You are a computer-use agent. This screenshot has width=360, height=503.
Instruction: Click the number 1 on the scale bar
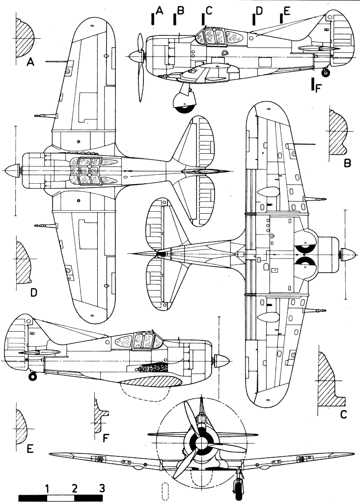click(47, 489)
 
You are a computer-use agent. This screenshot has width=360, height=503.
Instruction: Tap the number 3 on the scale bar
click(102, 489)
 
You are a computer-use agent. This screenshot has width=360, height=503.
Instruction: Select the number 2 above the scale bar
click(75, 489)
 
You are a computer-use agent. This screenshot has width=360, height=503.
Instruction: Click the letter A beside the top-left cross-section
click(30, 62)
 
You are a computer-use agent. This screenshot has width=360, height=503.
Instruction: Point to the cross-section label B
click(347, 163)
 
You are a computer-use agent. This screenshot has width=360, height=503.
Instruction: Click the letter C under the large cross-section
click(343, 414)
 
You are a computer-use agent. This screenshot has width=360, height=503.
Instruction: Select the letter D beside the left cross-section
click(34, 293)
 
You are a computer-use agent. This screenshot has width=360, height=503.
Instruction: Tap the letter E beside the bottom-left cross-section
click(30, 448)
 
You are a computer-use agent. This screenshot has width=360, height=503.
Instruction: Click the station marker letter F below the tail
click(319, 88)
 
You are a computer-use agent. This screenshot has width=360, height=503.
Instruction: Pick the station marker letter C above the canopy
click(210, 12)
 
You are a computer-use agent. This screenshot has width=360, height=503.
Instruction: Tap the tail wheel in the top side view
click(325, 73)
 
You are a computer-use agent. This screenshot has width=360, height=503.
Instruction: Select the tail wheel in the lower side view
click(32, 377)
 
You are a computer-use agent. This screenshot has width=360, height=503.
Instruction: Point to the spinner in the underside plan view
click(351, 255)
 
